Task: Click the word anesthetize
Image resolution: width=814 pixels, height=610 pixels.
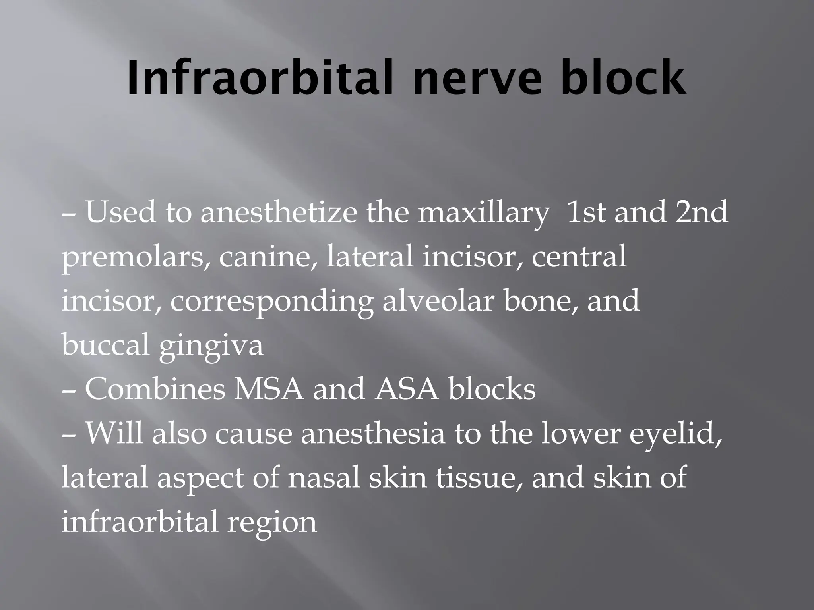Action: tap(278, 212)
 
